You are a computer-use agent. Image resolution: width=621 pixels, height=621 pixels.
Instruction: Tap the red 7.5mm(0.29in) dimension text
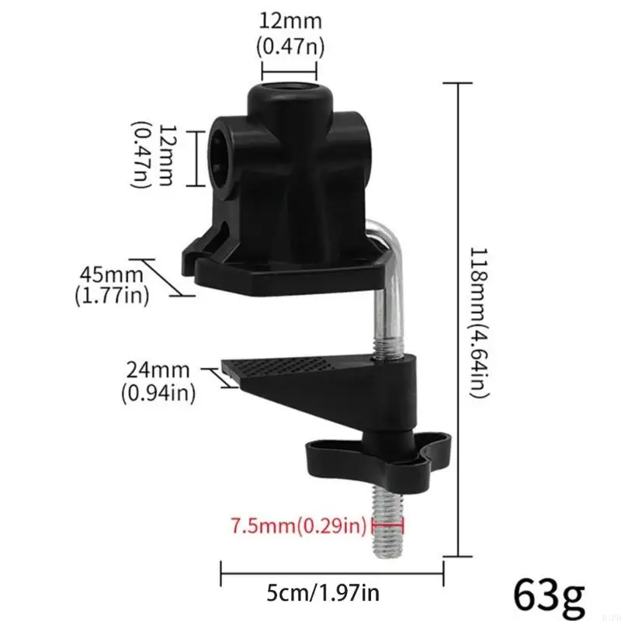pos(298,527)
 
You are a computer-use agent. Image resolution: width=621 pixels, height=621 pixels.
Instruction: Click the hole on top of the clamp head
pos(289,97)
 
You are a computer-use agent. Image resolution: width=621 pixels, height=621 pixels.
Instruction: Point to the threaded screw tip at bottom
pos(388,528)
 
